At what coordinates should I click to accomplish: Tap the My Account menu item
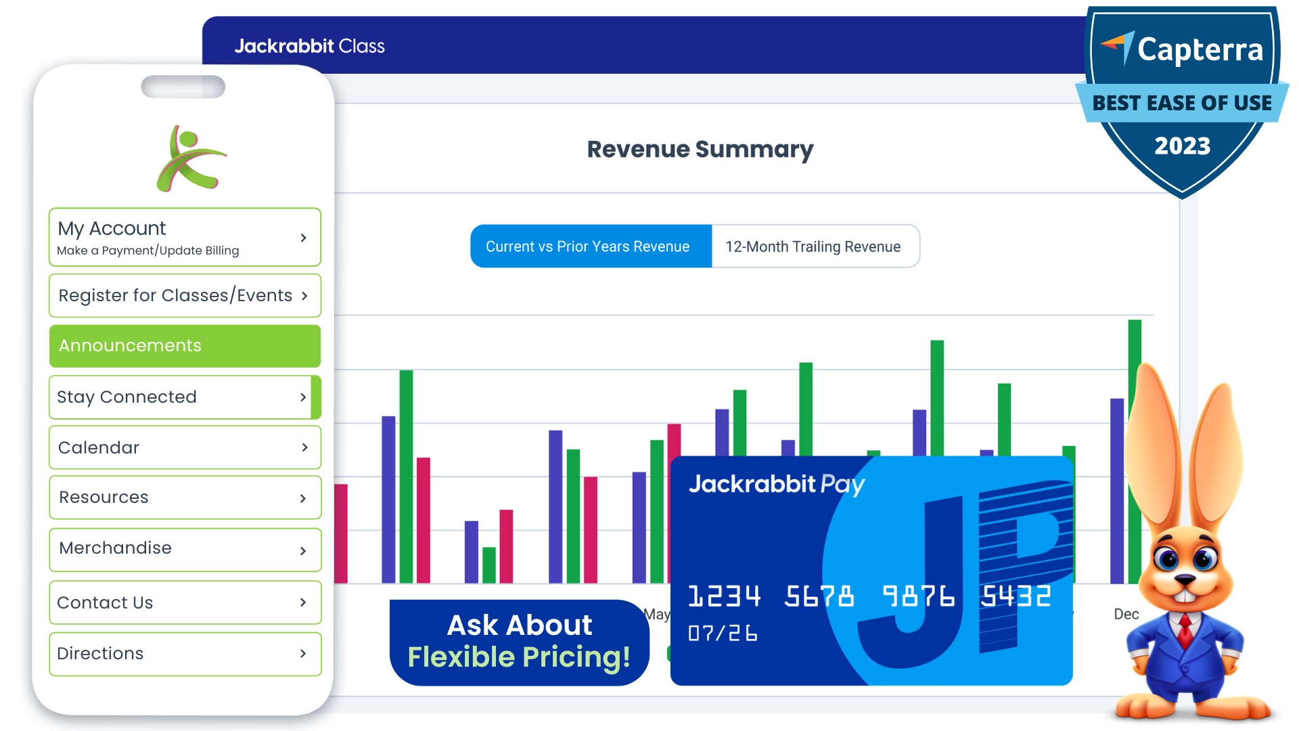coord(184,237)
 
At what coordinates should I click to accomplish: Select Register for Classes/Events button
coord(184,296)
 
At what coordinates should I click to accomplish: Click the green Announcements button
coord(184,346)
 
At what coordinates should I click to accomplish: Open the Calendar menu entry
coord(184,447)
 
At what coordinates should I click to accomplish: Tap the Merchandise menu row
coord(184,549)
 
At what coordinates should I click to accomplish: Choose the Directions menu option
coord(184,654)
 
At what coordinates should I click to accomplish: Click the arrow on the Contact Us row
coord(303,602)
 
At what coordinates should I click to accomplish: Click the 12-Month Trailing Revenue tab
coord(814,246)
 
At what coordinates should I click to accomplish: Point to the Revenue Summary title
coord(700,150)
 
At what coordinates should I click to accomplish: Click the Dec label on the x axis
coord(1126,614)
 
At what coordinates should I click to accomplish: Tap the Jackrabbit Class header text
coord(309,46)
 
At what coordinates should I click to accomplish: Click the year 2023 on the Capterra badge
coord(1182,146)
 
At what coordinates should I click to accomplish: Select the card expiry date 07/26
coord(723,634)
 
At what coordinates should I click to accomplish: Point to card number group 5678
coord(819,596)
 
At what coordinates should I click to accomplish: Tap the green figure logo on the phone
coord(190,160)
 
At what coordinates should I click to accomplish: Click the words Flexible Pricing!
coord(519,657)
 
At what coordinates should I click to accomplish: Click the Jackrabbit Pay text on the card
coord(776,484)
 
